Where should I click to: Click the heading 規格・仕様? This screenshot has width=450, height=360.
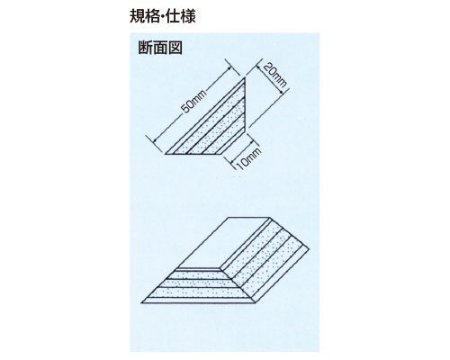[x=163, y=16]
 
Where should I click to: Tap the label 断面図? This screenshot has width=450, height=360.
[x=160, y=48]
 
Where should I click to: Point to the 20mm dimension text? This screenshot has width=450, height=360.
[x=274, y=76]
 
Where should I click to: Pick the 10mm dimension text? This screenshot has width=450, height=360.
[x=248, y=158]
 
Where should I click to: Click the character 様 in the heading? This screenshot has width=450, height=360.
[x=188, y=16]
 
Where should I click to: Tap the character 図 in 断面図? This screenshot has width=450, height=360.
[x=175, y=48]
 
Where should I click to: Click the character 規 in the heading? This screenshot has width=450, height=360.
[x=137, y=16]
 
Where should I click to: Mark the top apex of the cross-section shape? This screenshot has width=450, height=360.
[x=246, y=77]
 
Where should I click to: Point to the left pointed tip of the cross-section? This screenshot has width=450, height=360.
[x=166, y=154]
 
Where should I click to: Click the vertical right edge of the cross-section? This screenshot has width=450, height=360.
[x=246, y=105]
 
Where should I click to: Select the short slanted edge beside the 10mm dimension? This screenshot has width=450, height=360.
[x=235, y=143]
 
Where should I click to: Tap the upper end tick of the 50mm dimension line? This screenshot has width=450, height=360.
[x=233, y=68]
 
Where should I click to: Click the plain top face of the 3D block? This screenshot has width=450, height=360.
[x=223, y=242]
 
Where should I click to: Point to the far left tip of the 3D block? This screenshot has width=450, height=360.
[x=141, y=303]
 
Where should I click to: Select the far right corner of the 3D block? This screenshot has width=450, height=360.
[x=310, y=249]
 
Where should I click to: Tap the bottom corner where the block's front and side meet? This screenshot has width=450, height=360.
[x=256, y=303]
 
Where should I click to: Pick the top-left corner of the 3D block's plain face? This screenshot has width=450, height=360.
[x=229, y=217]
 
